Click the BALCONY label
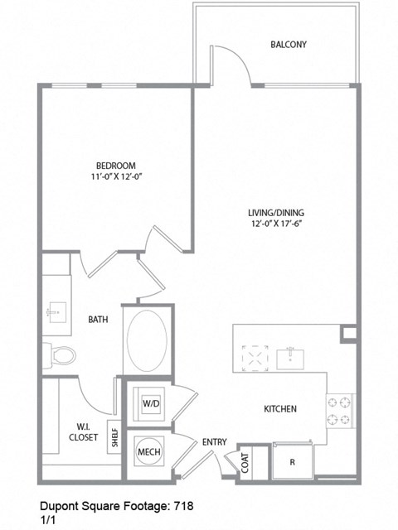click(x=289, y=44)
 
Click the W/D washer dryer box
click(x=151, y=403)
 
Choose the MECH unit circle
click(x=148, y=452)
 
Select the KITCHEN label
click(x=280, y=409)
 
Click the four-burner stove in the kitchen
click(x=341, y=412)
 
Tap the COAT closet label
click(x=247, y=460)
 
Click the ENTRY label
click(x=215, y=442)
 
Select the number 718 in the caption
click(x=183, y=504)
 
